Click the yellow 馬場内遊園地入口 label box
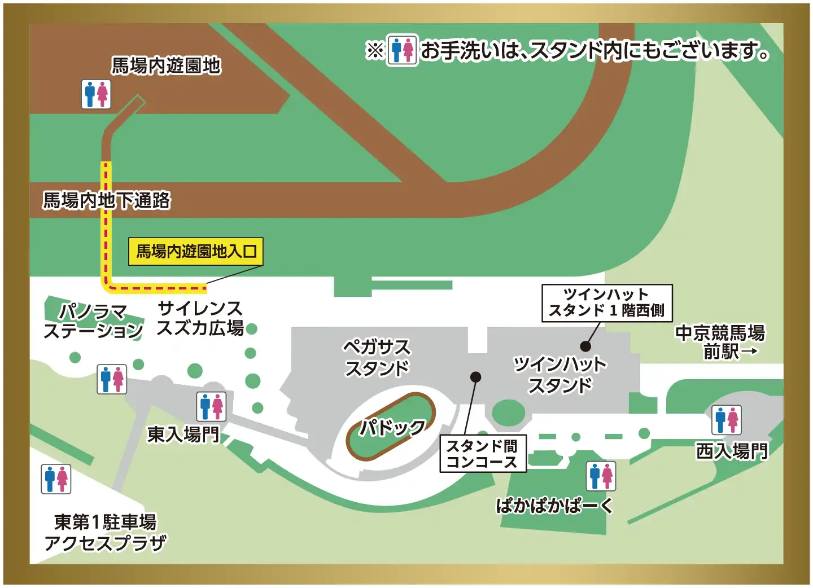click(x=196, y=251)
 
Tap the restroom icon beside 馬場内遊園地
click(x=97, y=94)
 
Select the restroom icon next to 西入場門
click(x=727, y=420)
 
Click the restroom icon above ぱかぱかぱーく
click(x=601, y=476)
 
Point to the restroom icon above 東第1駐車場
click(x=56, y=479)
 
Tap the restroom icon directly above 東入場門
click(x=212, y=406)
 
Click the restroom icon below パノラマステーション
click(x=112, y=379)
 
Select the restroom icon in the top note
click(x=402, y=51)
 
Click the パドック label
click(x=393, y=427)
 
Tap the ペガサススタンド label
click(x=377, y=357)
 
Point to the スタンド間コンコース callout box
click(x=483, y=454)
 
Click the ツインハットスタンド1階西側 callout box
click(x=607, y=303)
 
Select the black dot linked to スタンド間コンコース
click(x=476, y=376)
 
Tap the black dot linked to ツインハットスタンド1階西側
click(x=585, y=346)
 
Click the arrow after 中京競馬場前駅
click(x=749, y=352)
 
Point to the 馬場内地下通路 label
click(x=107, y=200)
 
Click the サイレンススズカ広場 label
click(x=200, y=318)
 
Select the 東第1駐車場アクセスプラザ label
click(x=106, y=532)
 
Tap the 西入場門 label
click(x=732, y=451)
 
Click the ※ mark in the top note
click(x=375, y=51)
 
